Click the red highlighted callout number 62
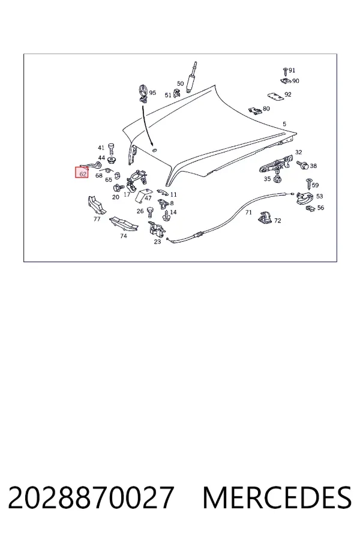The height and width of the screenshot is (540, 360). (83, 173)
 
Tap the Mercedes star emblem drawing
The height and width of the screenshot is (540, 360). (143, 93)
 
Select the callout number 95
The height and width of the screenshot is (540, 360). (152, 92)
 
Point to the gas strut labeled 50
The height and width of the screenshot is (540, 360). (191, 77)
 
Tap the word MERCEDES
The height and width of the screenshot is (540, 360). (277, 497)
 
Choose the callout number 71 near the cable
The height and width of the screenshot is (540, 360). (249, 212)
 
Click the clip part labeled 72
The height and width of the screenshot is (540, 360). (265, 217)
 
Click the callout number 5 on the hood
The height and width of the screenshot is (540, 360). (284, 124)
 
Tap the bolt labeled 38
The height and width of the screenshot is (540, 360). (302, 165)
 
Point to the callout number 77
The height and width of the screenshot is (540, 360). (97, 218)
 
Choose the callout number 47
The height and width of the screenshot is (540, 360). (148, 198)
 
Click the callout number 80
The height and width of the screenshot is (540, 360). (266, 109)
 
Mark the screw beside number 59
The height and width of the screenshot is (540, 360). (308, 184)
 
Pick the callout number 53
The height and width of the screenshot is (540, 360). (320, 196)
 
